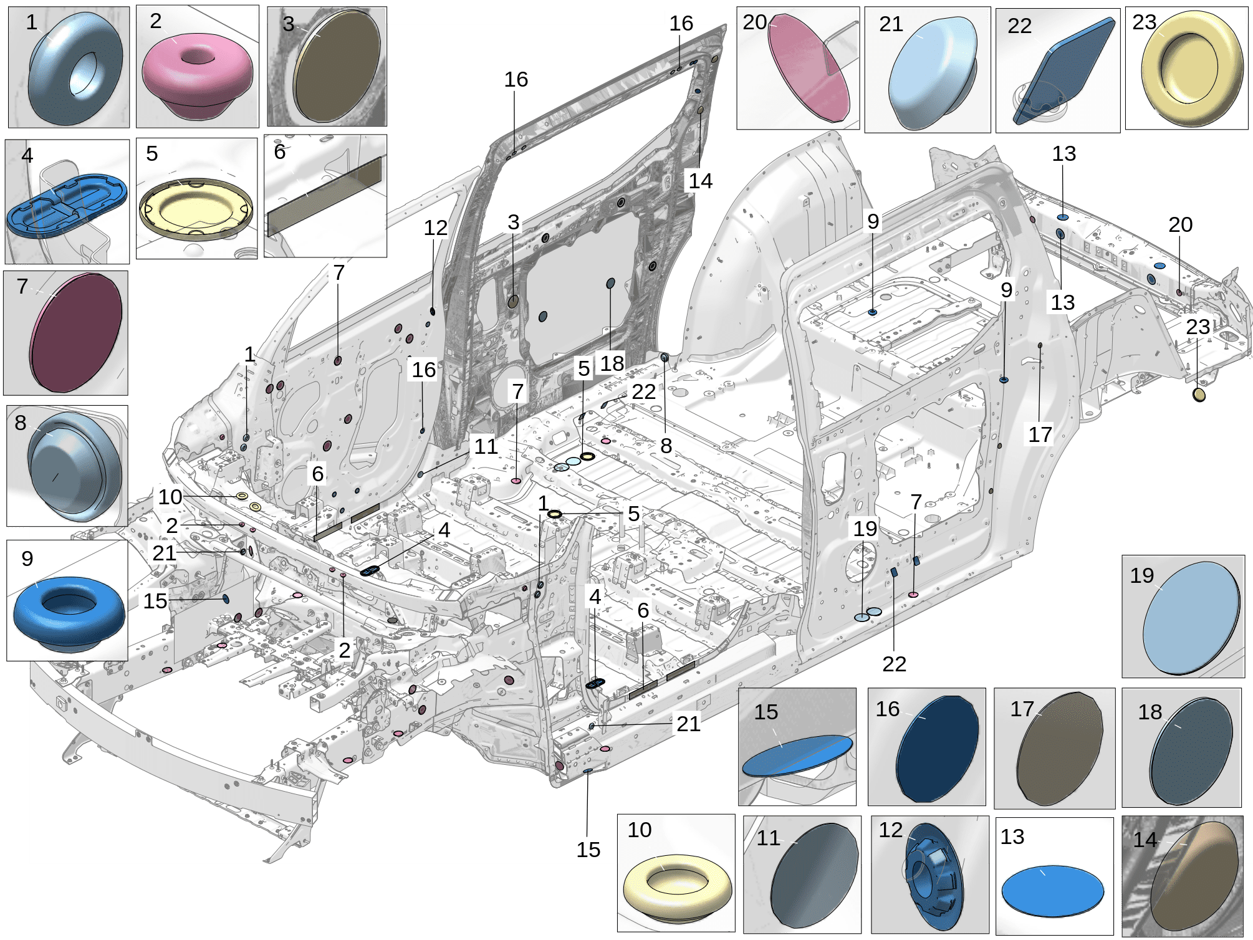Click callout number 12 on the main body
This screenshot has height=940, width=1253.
435,228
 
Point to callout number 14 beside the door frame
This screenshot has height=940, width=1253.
700,181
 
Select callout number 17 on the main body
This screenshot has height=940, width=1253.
1040,434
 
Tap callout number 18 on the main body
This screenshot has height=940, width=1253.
612,363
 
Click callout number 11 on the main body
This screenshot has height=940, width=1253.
486,446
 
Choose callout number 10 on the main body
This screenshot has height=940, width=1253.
170,497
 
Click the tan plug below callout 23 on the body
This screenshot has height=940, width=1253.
1199,395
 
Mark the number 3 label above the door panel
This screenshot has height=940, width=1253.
513,223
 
